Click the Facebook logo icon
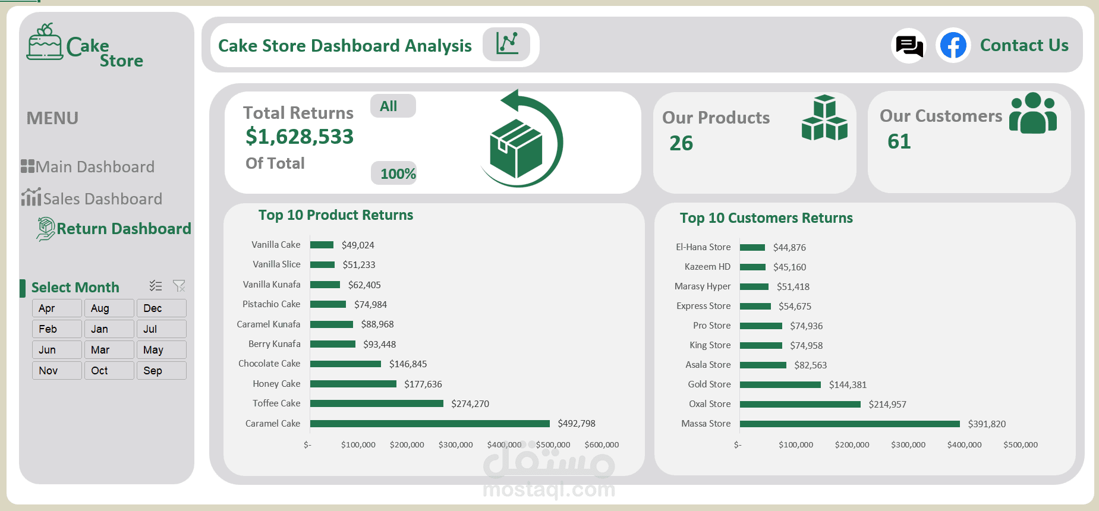tap(953, 46)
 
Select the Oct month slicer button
tap(109, 371)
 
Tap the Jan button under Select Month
tap(109, 329)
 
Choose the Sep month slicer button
tap(161, 371)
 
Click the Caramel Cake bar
tap(430, 424)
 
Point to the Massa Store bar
tap(849, 424)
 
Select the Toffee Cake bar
tap(376, 403)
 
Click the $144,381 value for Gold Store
tap(848, 385)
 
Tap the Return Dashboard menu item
tap(124, 229)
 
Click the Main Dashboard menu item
tap(95, 167)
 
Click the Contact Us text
tap(1024, 46)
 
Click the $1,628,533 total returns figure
tap(300, 137)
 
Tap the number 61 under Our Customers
tap(899, 141)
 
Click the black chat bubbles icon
tap(909, 46)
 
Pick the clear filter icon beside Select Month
tap(179, 286)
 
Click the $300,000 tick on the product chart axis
tap(455, 445)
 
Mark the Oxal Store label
tap(710, 404)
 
